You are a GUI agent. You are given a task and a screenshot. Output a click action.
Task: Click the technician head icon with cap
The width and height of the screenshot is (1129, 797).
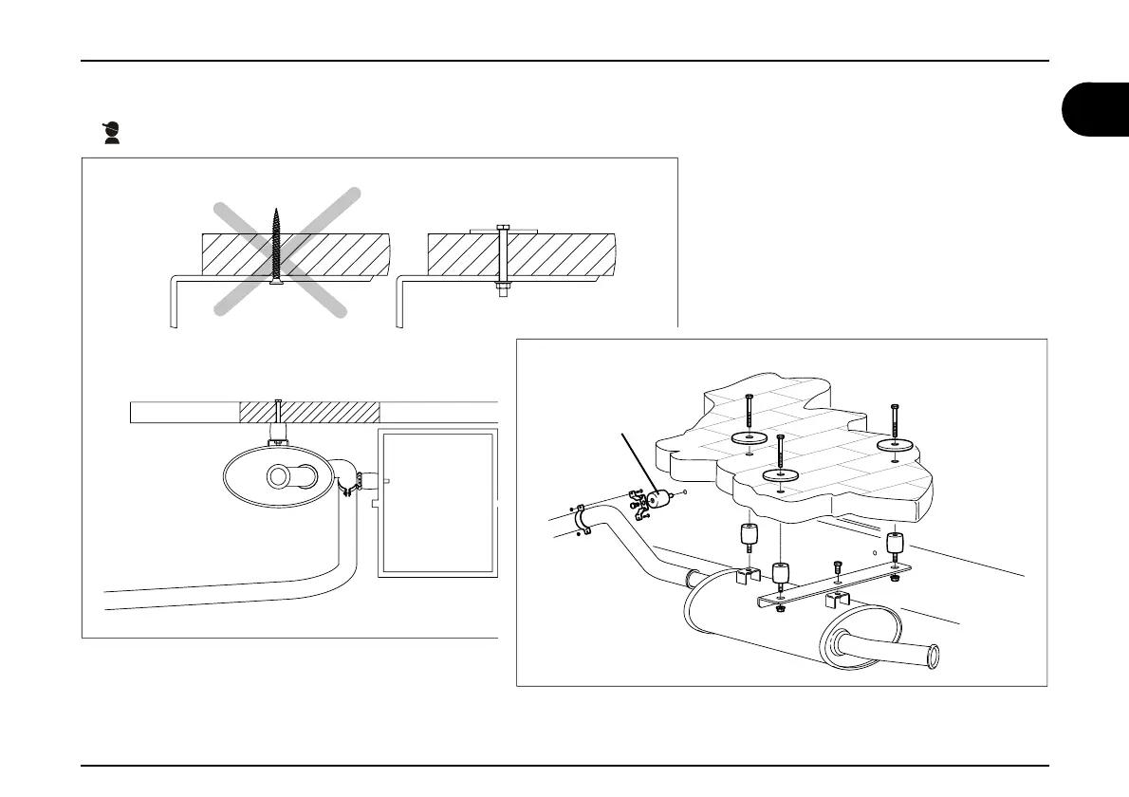point(113,133)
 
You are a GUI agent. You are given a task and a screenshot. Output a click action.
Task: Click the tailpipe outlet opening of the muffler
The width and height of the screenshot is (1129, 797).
point(934,655)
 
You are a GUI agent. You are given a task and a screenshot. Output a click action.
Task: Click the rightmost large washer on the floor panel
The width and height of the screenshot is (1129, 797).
point(894,444)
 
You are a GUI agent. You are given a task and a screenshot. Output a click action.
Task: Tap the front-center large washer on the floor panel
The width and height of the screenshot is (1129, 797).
point(780,472)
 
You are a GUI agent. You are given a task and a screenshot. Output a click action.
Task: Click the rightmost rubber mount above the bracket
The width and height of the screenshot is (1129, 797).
point(893,544)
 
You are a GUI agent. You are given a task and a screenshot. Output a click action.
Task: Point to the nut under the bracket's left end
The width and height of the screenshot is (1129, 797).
point(779,608)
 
